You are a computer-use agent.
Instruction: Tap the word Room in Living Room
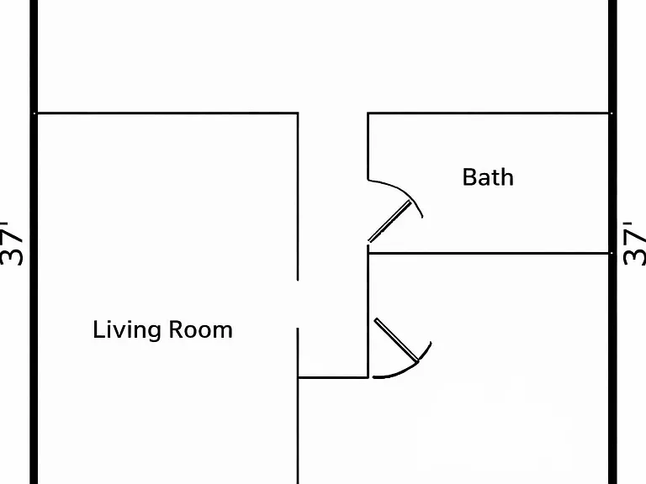(201, 329)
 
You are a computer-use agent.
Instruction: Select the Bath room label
(488, 177)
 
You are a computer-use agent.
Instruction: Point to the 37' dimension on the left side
(11, 244)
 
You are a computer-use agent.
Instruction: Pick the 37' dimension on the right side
(634, 244)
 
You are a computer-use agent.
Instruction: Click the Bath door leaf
(389, 222)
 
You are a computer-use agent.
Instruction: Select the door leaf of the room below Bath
(396, 340)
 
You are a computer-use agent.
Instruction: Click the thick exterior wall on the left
(34, 242)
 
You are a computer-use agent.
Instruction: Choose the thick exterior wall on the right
(612, 242)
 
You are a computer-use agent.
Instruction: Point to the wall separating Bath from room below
(488, 254)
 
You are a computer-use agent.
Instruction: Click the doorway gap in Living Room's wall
(298, 304)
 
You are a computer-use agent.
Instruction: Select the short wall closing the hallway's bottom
(333, 377)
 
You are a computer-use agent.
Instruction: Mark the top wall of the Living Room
(167, 113)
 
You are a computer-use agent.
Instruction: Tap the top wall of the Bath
(488, 113)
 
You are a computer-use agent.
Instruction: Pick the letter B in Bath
(469, 177)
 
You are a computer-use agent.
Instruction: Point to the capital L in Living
(98, 329)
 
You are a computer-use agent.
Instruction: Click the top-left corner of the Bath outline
(368, 113)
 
